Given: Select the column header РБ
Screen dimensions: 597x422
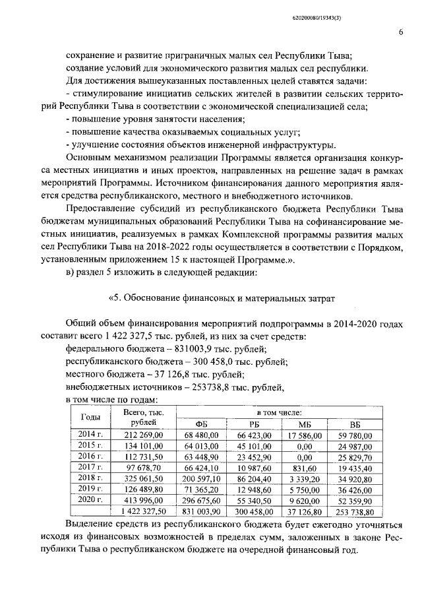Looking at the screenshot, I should pos(254,424).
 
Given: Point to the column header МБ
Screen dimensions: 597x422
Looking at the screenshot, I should pos(304,424).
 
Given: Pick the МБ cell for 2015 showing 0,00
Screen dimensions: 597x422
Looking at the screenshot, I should pos(304,446).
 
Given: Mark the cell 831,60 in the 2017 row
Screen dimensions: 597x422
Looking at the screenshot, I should pos(304,468).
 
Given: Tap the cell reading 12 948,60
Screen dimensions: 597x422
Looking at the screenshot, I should pos(254,489).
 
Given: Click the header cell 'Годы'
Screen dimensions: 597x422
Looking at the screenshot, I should pos(91,417).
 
